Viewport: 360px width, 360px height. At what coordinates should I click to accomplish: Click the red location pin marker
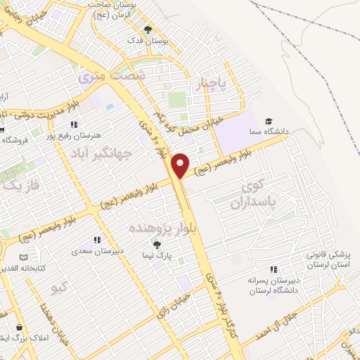tap(181, 165)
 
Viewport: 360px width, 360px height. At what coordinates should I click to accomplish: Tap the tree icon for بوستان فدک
tap(148, 30)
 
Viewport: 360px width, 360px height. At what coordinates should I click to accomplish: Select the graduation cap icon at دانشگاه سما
tap(269, 122)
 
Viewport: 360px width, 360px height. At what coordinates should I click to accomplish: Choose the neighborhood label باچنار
tap(213, 85)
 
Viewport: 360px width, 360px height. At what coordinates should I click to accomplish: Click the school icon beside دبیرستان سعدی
tap(96, 240)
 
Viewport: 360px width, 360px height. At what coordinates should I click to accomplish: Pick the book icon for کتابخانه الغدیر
tap(25, 257)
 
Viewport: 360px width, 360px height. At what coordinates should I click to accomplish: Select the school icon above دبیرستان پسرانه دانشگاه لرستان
tap(274, 269)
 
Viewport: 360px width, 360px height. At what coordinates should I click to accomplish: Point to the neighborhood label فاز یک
tap(21, 186)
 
